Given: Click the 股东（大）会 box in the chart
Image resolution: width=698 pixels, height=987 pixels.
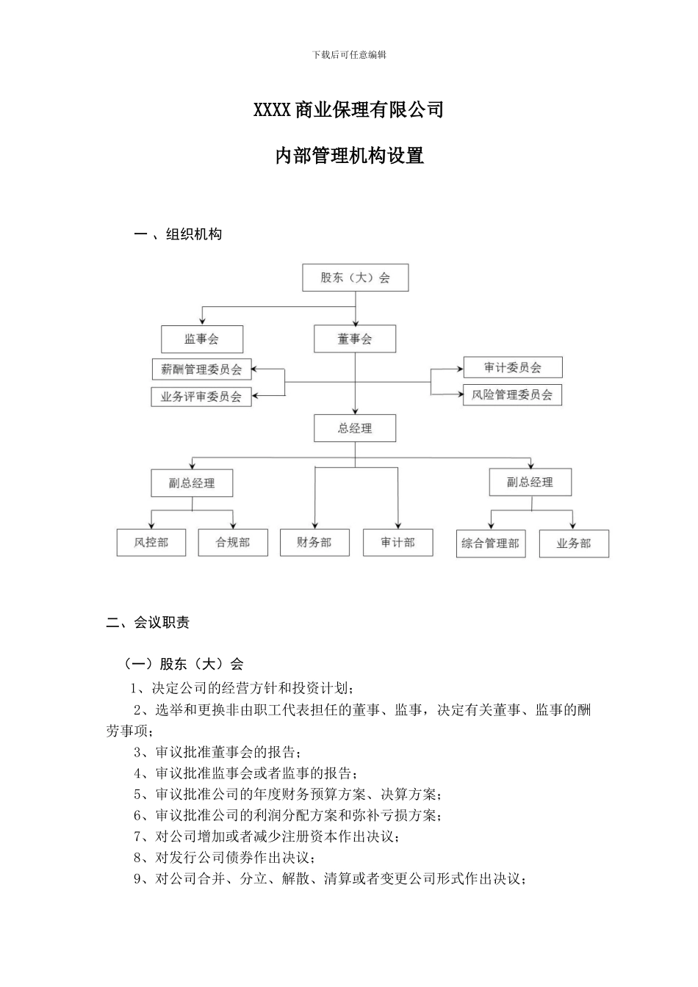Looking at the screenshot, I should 355,278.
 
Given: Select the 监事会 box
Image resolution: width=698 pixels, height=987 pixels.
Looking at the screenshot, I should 202,339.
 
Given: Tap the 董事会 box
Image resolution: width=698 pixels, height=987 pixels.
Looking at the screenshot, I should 355,339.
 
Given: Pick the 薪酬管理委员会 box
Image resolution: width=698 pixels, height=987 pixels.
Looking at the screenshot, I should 201,369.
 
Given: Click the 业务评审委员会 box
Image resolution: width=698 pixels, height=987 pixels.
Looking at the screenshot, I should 201,397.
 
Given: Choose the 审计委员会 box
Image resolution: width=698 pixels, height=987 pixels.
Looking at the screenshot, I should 512,367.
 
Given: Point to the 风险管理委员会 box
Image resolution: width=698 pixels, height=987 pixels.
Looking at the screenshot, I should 512,394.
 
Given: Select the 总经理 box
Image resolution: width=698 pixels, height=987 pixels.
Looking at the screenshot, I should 355,428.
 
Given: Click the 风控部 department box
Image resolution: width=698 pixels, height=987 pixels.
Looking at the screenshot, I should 151,543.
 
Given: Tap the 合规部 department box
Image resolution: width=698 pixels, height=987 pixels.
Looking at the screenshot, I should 233,543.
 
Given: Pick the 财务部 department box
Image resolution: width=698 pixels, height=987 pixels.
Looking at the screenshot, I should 314,543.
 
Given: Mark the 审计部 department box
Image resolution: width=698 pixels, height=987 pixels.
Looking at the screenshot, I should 397,543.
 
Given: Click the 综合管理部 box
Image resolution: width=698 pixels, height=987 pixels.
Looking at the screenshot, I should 490,543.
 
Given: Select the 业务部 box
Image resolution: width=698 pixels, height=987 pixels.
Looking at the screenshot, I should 573,543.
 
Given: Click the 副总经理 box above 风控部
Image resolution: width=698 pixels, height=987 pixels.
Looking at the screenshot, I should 192,483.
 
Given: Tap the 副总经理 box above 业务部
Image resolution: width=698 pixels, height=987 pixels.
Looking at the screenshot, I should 530,482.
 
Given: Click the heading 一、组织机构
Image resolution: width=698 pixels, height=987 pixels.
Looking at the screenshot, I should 178,234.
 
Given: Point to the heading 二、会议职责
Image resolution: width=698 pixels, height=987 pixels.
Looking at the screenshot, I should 148,623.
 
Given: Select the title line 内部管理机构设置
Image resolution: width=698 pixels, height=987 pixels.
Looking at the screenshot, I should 349,156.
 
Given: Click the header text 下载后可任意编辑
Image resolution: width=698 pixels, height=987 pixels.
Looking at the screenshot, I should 349,54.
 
